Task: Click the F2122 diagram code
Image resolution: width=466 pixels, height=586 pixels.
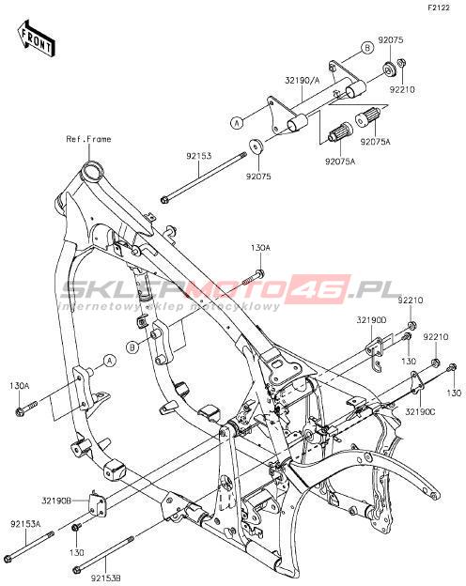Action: (x=439, y=8)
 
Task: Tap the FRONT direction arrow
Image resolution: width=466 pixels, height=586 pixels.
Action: (x=36, y=39)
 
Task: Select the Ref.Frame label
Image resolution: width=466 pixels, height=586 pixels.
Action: (x=88, y=139)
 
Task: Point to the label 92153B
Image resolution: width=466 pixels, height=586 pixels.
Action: (x=105, y=578)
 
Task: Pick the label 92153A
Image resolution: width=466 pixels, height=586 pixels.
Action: (x=25, y=524)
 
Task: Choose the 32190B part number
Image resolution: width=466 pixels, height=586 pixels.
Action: (x=56, y=501)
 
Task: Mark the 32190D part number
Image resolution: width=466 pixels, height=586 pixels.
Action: (x=371, y=320)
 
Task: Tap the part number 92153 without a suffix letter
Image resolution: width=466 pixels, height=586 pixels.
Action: (x=199, y=156)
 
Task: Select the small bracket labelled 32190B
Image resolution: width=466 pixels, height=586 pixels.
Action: (x=97, y=501)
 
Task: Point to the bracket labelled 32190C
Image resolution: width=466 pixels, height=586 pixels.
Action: (x=415, y=382)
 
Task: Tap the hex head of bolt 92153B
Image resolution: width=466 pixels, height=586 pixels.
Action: (x=77, y=570)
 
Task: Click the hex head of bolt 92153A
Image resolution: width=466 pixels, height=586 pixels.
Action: (x=11, y=557)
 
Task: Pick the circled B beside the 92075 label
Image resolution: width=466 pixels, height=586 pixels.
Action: (x=367, y=48)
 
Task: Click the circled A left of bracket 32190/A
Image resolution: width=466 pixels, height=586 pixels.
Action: (x=237, y=123)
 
